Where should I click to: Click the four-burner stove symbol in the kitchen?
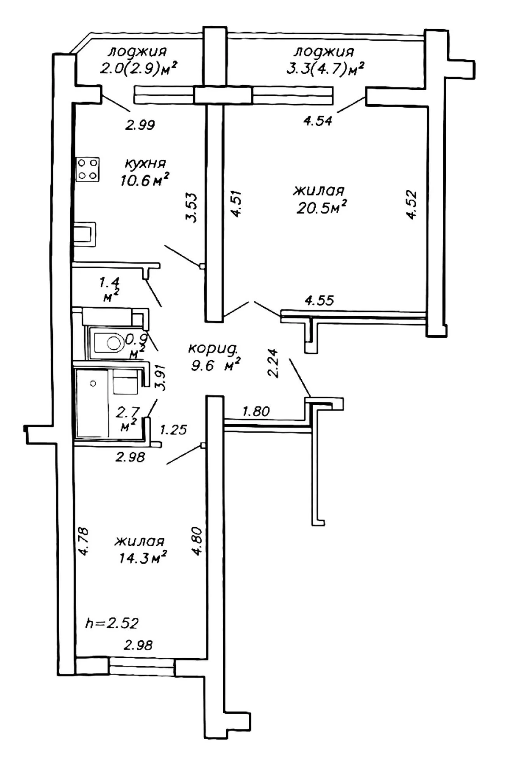87,169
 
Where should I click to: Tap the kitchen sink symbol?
84,234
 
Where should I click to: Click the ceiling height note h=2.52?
112,624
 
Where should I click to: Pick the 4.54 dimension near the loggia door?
318,121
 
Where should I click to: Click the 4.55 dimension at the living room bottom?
319,300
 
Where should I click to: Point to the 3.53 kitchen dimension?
192,207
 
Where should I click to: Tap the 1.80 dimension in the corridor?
256,411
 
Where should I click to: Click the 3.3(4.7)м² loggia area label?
325,69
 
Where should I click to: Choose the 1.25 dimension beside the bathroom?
174,430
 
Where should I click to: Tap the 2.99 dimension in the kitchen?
140,125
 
